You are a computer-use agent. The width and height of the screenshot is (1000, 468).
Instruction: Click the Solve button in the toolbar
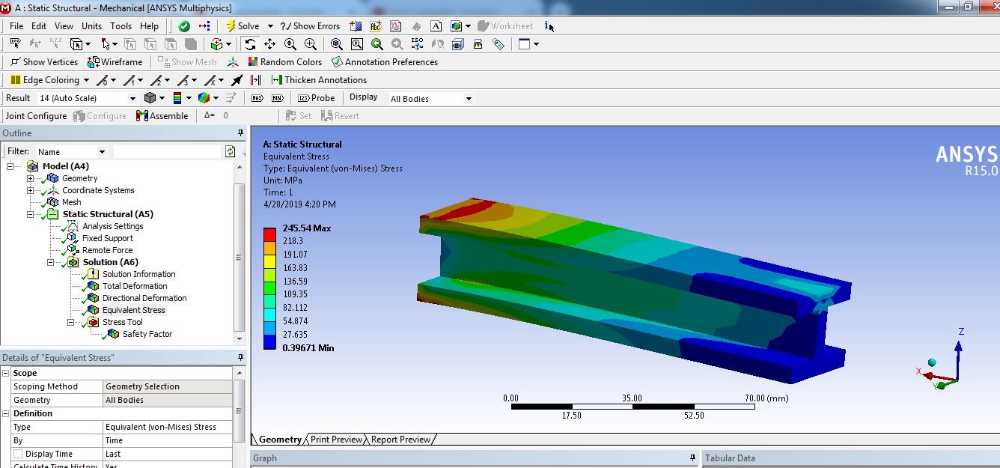coord(243,26)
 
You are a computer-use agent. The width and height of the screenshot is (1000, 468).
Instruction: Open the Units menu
coord(91,26)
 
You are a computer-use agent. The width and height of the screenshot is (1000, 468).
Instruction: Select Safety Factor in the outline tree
coord(147,334)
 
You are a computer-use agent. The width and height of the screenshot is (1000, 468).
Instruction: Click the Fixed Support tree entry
coord(107,238)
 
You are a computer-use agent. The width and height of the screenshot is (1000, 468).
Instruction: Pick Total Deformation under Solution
coord(135,286)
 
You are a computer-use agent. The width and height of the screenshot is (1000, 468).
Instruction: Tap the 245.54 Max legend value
coord(307,228)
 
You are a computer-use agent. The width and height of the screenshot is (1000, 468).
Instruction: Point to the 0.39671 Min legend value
coord(308,348)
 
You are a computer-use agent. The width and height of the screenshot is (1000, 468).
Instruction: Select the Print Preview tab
coord(336,440)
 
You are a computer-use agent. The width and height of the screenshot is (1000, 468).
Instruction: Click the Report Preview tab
coord(400,440)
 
